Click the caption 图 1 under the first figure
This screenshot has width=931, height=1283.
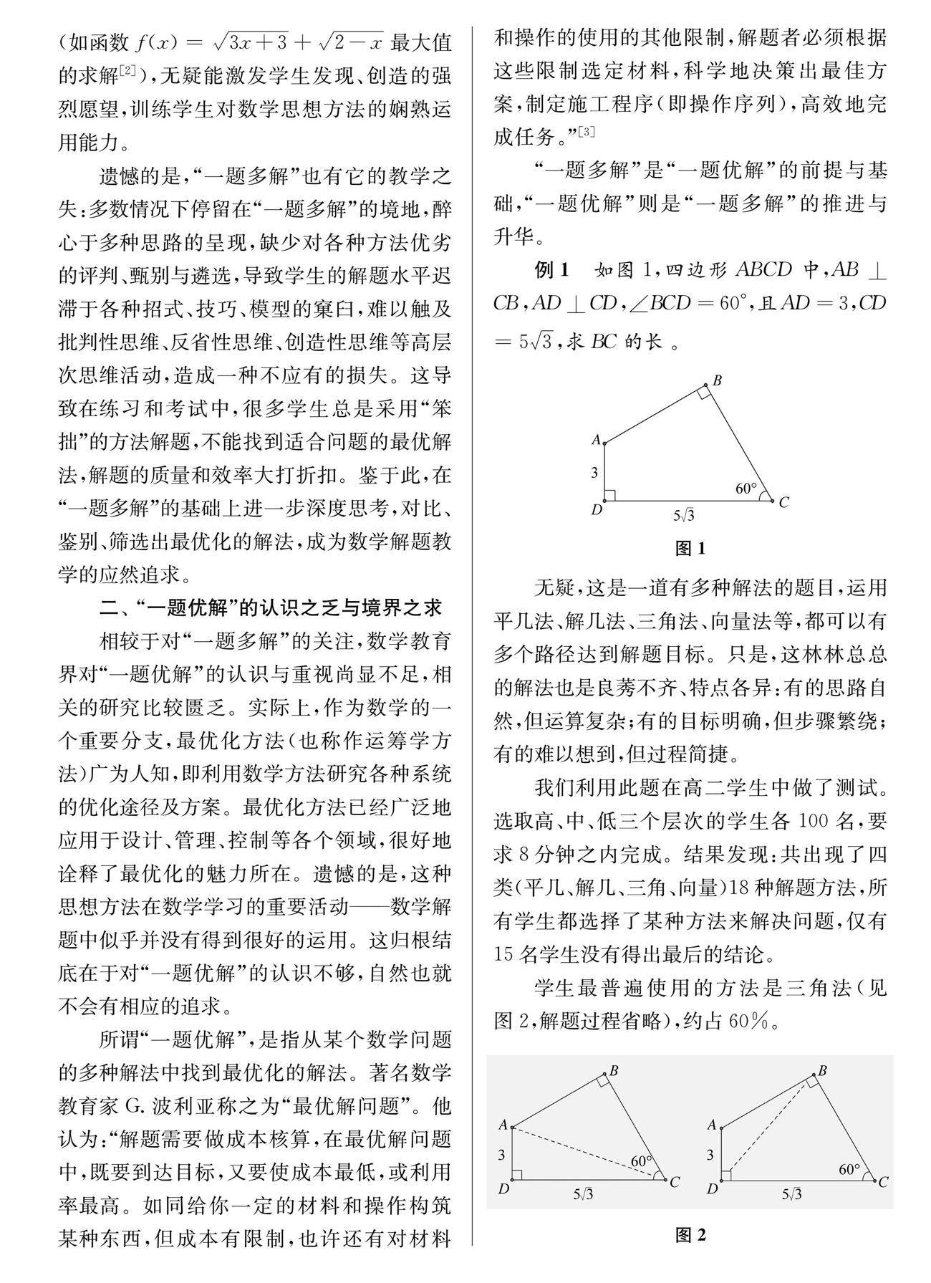[x=690, y=549]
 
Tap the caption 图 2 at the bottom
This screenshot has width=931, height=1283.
[x=690, y=1234]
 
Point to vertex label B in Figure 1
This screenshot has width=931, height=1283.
[x=716, y=380]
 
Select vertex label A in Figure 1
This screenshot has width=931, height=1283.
[x=595, y=440]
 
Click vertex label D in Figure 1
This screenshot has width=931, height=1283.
[x=595, y=509]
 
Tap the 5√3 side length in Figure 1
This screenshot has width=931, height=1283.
[x=684, y=514]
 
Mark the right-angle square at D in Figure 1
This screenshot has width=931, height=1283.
[x=610, y=495]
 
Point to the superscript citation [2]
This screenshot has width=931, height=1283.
[x=128, y=70]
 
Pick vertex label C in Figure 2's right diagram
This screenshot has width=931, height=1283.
[x=884, y=1182]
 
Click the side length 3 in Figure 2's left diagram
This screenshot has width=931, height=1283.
[x=502, y=1154]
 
